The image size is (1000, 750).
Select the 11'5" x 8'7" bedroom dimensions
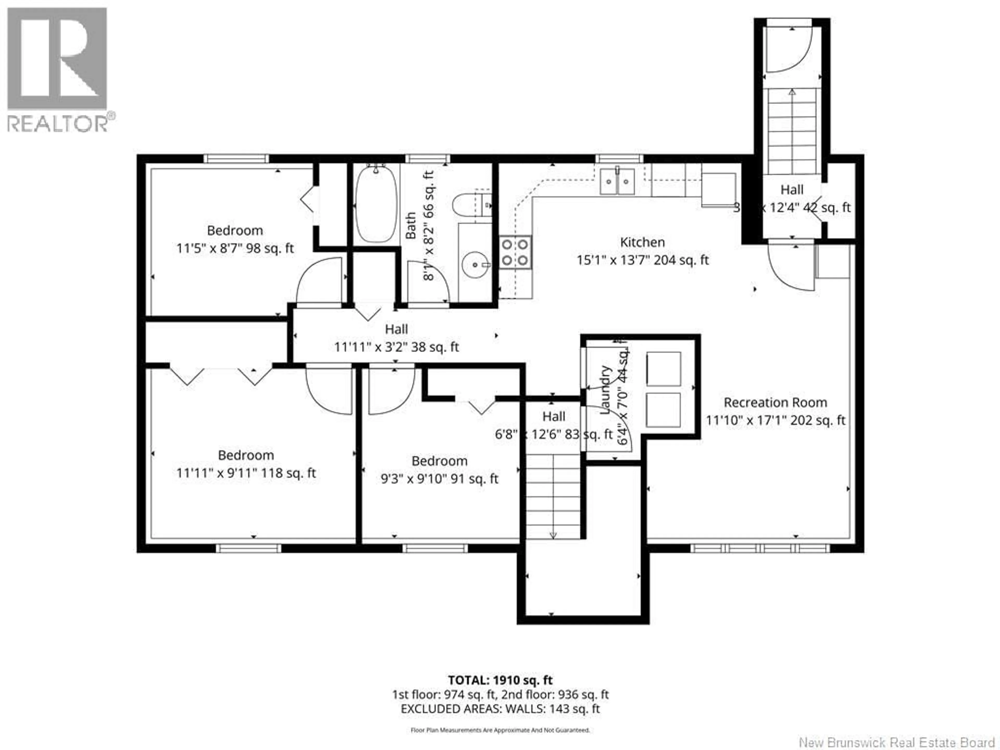click(x=235, y=248)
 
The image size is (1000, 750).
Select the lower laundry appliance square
click(x=664, y=410)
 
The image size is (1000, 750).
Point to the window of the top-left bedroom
click(x=236, y=159)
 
